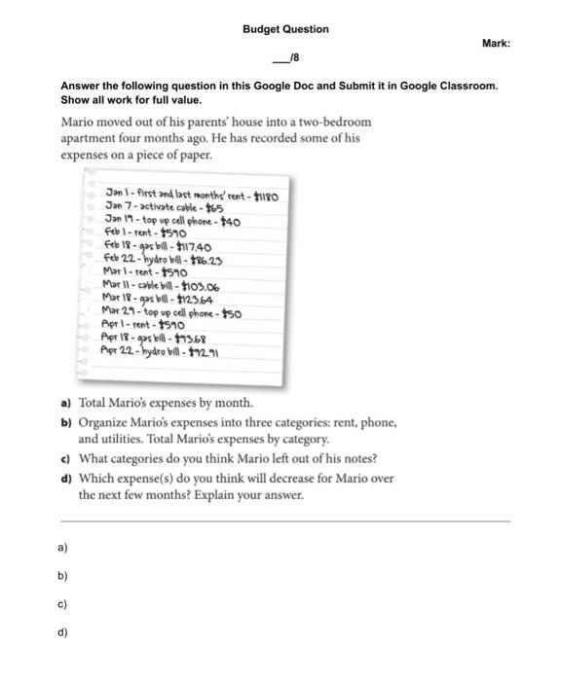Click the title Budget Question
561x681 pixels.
285,29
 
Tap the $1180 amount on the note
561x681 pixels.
266,196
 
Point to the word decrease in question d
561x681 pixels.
299,478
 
